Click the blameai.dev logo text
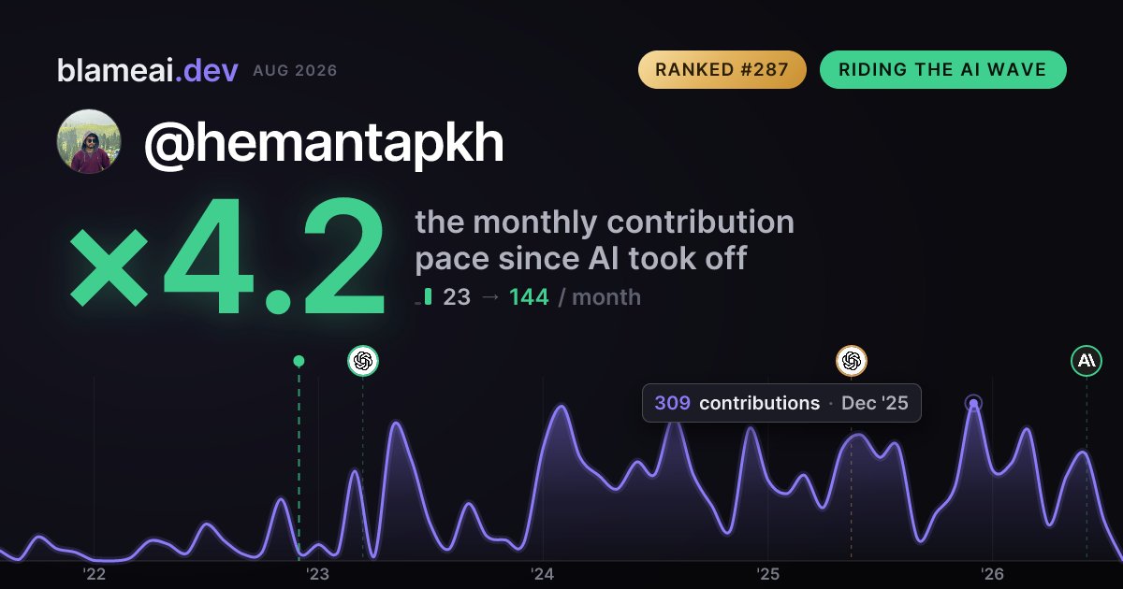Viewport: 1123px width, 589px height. point(148,70)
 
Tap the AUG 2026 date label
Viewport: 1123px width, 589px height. point(295,71)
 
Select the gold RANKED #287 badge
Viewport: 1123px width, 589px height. point(722,69)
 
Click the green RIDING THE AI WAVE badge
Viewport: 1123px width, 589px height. point(943,69)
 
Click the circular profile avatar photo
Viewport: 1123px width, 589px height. point(89,142)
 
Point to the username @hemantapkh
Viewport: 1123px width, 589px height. point(324,143)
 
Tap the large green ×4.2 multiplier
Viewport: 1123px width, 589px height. point(227,255)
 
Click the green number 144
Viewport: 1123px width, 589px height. point(529,297)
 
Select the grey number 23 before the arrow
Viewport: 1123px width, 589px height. point(457,297)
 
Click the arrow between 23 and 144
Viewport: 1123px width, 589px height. point(489,297)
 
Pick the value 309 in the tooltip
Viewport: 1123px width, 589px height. point(672,403)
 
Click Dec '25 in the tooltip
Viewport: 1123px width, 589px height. point(874,403)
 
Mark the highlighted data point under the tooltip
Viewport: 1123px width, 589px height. point(973,403)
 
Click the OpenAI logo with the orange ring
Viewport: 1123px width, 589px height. point(852,361)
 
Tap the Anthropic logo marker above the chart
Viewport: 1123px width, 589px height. point(1087,361)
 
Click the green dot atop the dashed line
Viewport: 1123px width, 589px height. point(299,361)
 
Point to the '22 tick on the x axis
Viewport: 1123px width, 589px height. point(94,574)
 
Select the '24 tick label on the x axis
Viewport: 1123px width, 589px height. point(543,574)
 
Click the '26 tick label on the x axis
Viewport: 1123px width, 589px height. point(992,574)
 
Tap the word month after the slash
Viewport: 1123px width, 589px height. point(606,297)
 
